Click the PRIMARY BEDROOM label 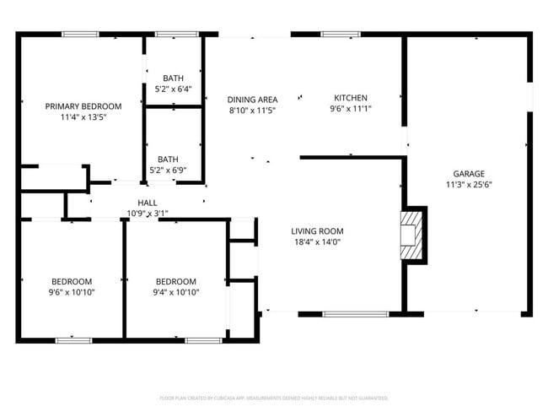point(83,106)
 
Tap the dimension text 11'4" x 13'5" point(83,117)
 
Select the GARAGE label point(469,174)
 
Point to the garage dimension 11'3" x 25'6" point(469,185)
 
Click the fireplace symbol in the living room point(411,234)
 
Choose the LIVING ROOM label point(317,231)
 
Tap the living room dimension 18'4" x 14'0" point(317,242)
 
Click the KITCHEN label point(350,98)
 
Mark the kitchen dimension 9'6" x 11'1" point(350,109)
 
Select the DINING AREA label point(253,100)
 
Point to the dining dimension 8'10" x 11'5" point(253,111)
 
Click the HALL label point(148,203)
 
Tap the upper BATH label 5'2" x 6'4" point(174,79)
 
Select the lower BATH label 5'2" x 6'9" point(168,159)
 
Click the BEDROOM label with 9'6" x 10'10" point(72,282)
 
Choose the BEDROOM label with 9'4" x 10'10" point(175,282)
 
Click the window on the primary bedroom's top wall point(80,34)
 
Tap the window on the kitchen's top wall point(341,34)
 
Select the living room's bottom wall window point(356,314)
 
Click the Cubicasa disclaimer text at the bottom point(274,398)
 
